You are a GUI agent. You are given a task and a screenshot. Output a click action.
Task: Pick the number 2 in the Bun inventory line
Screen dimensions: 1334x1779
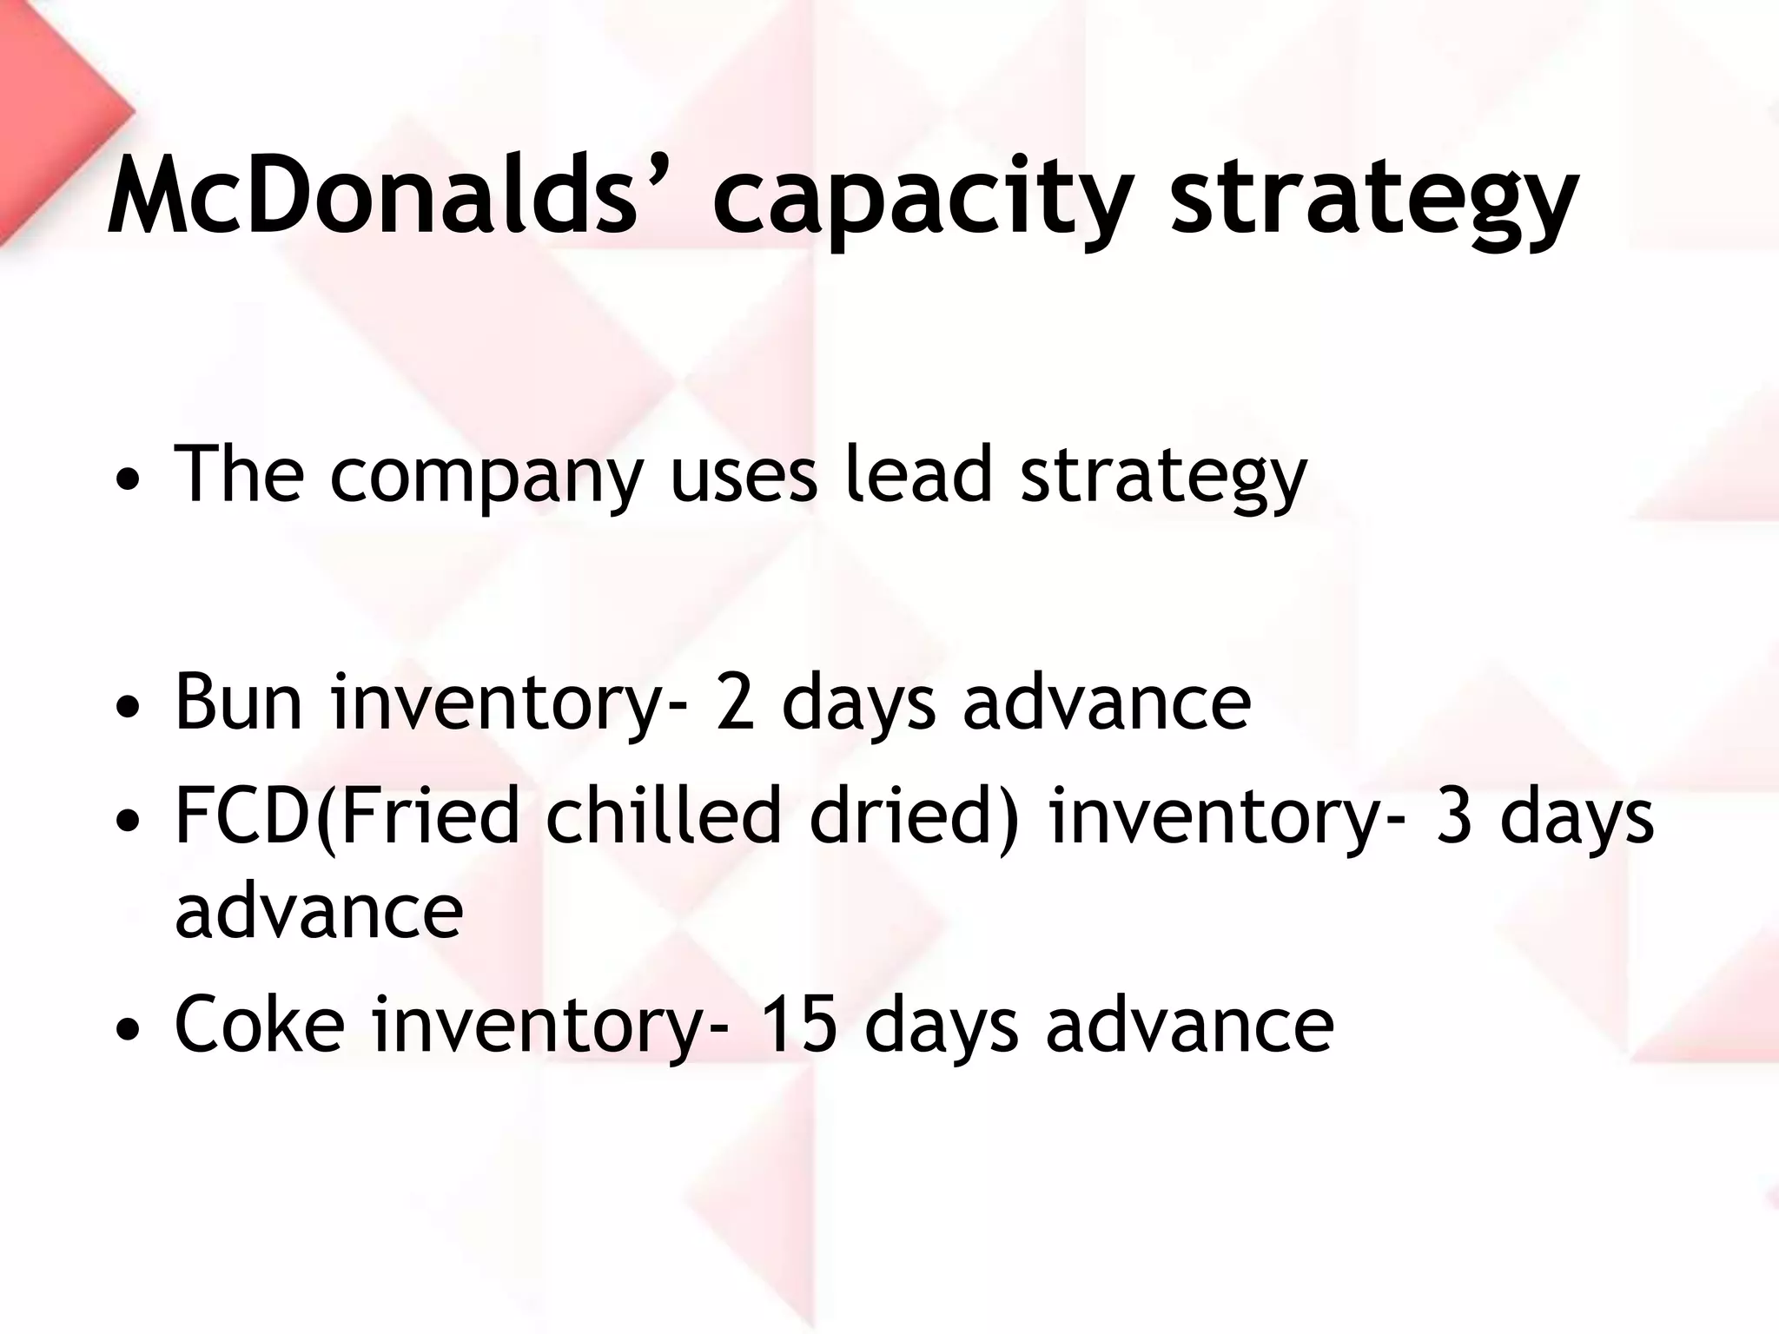coord(736,701)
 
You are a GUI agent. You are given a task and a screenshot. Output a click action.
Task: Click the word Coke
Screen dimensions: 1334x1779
coord(260,1024)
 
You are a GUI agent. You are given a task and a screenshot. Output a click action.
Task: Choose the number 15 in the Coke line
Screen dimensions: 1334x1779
coord(798,1024)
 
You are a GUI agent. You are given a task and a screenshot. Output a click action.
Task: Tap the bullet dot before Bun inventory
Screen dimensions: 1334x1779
coord(128,705)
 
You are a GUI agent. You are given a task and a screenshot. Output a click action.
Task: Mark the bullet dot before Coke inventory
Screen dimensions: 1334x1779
coord(128,1029)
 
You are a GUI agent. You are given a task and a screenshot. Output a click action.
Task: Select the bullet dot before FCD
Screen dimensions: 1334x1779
coord(128,820)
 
